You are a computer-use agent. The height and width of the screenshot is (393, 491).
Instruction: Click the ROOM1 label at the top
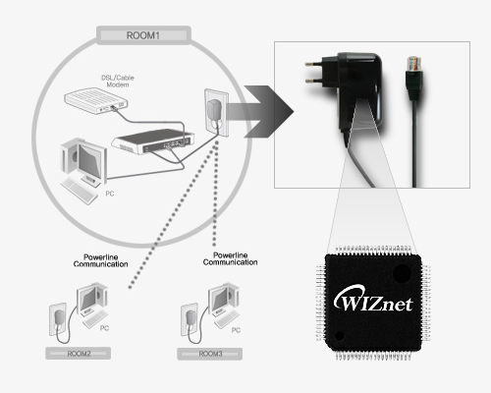pyautogui.click(x=143, y=35)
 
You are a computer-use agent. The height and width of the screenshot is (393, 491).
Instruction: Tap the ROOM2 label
pyautogui.click(x=79, y=354)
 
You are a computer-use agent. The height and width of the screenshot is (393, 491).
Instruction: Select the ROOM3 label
pyautogui.click(x=210, y=354)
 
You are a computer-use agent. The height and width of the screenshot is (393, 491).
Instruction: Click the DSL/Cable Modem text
pyautogui.click(x=118, y=82)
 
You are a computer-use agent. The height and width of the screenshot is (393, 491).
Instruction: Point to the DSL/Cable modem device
pyautogui.click(x=96, y=100)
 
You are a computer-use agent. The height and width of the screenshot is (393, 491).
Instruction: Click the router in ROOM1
pyautogui.click(x=152, y=141)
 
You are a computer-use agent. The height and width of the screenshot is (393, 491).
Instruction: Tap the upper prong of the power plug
pyautogui.click(x=313, y=64)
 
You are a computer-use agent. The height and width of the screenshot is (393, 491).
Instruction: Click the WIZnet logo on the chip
pyautogui.click(x=373, y=299)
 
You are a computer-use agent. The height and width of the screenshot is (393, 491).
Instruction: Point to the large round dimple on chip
pyautogui.click(x=402, y=273)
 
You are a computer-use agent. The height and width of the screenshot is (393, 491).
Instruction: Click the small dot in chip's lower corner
pyautogui.click(x=340, y=336)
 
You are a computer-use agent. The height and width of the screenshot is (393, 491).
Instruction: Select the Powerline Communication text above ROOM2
pyautogui.click(x=100, y=260)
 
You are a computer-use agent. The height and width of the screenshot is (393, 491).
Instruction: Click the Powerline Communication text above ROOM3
pyautogui.click(x=230, y=258)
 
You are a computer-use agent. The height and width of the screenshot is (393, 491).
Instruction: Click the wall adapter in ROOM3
pyautogui.click(x=191, y=317)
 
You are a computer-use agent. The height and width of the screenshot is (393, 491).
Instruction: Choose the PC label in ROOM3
pyautogui.click(x=236, y=330)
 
